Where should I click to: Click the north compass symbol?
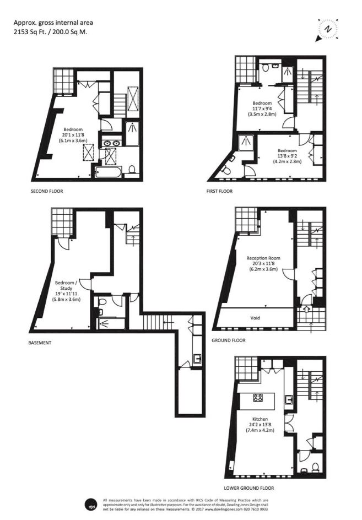tap(328, 29)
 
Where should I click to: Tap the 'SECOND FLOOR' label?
tap(47, 191)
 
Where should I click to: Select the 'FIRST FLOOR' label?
tap(220, 191)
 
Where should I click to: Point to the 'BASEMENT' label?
tap(40, 342)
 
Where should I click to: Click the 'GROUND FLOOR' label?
tap(229, 340)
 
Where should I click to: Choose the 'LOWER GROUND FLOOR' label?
tap(249, 488)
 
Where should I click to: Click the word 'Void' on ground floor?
tap(255, 318)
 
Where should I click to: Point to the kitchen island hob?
tap(258, 397)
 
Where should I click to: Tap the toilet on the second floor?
tap(132, 169)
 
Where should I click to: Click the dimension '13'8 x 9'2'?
tap(287, 156)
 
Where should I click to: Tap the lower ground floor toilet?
tap(315, 467)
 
